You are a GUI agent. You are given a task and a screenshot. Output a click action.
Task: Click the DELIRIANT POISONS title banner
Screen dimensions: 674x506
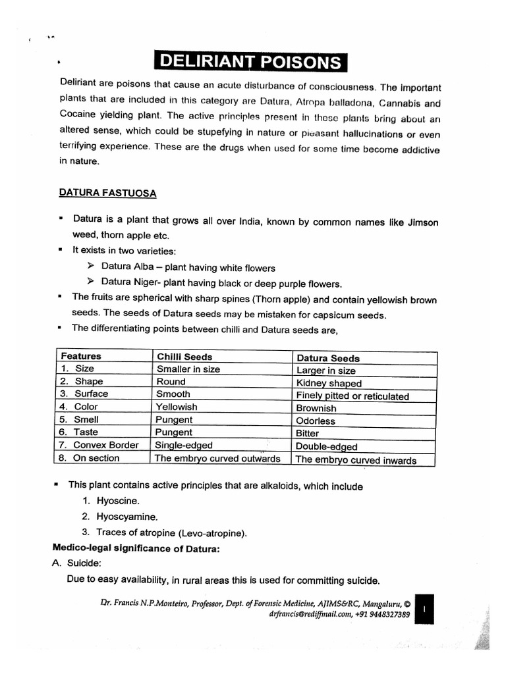click(250, 62)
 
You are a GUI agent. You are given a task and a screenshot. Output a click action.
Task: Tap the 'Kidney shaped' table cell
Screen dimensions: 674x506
click(329, 383)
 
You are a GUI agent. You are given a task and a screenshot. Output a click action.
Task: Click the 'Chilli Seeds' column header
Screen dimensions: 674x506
click(184, 357)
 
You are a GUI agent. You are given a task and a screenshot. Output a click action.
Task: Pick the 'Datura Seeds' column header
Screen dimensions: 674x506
click(328, 358)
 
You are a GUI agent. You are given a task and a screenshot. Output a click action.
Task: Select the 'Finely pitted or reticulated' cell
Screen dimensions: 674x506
click(352, 396)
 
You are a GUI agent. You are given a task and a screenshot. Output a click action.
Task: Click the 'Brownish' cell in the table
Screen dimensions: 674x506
click(316, 408)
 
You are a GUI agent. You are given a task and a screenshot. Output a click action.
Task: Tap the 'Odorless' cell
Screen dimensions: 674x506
click(316, 421)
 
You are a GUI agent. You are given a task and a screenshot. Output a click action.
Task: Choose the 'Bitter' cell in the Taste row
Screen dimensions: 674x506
click(308, 433)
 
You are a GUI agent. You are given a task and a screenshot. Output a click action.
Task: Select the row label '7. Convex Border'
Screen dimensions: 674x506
click(99, 445)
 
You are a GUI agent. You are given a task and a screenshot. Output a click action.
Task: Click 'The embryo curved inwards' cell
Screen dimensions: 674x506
click(356, 460)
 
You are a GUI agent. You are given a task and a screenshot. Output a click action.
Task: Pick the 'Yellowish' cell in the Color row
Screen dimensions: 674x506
click(177, 407)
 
